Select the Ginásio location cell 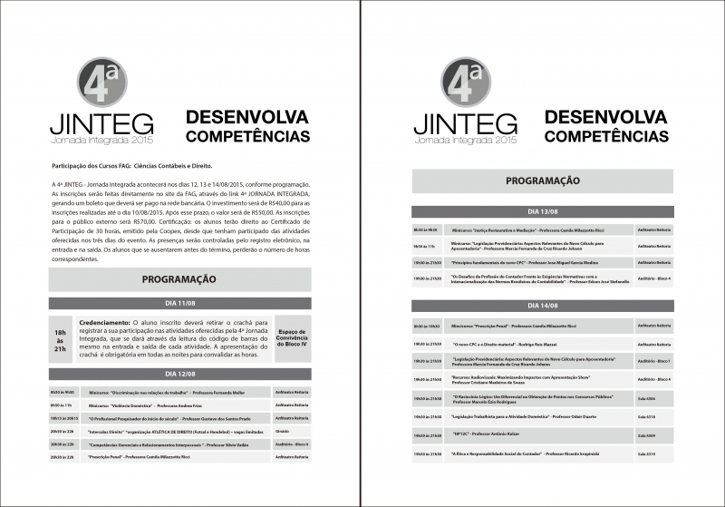click(x=282, y=431)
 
